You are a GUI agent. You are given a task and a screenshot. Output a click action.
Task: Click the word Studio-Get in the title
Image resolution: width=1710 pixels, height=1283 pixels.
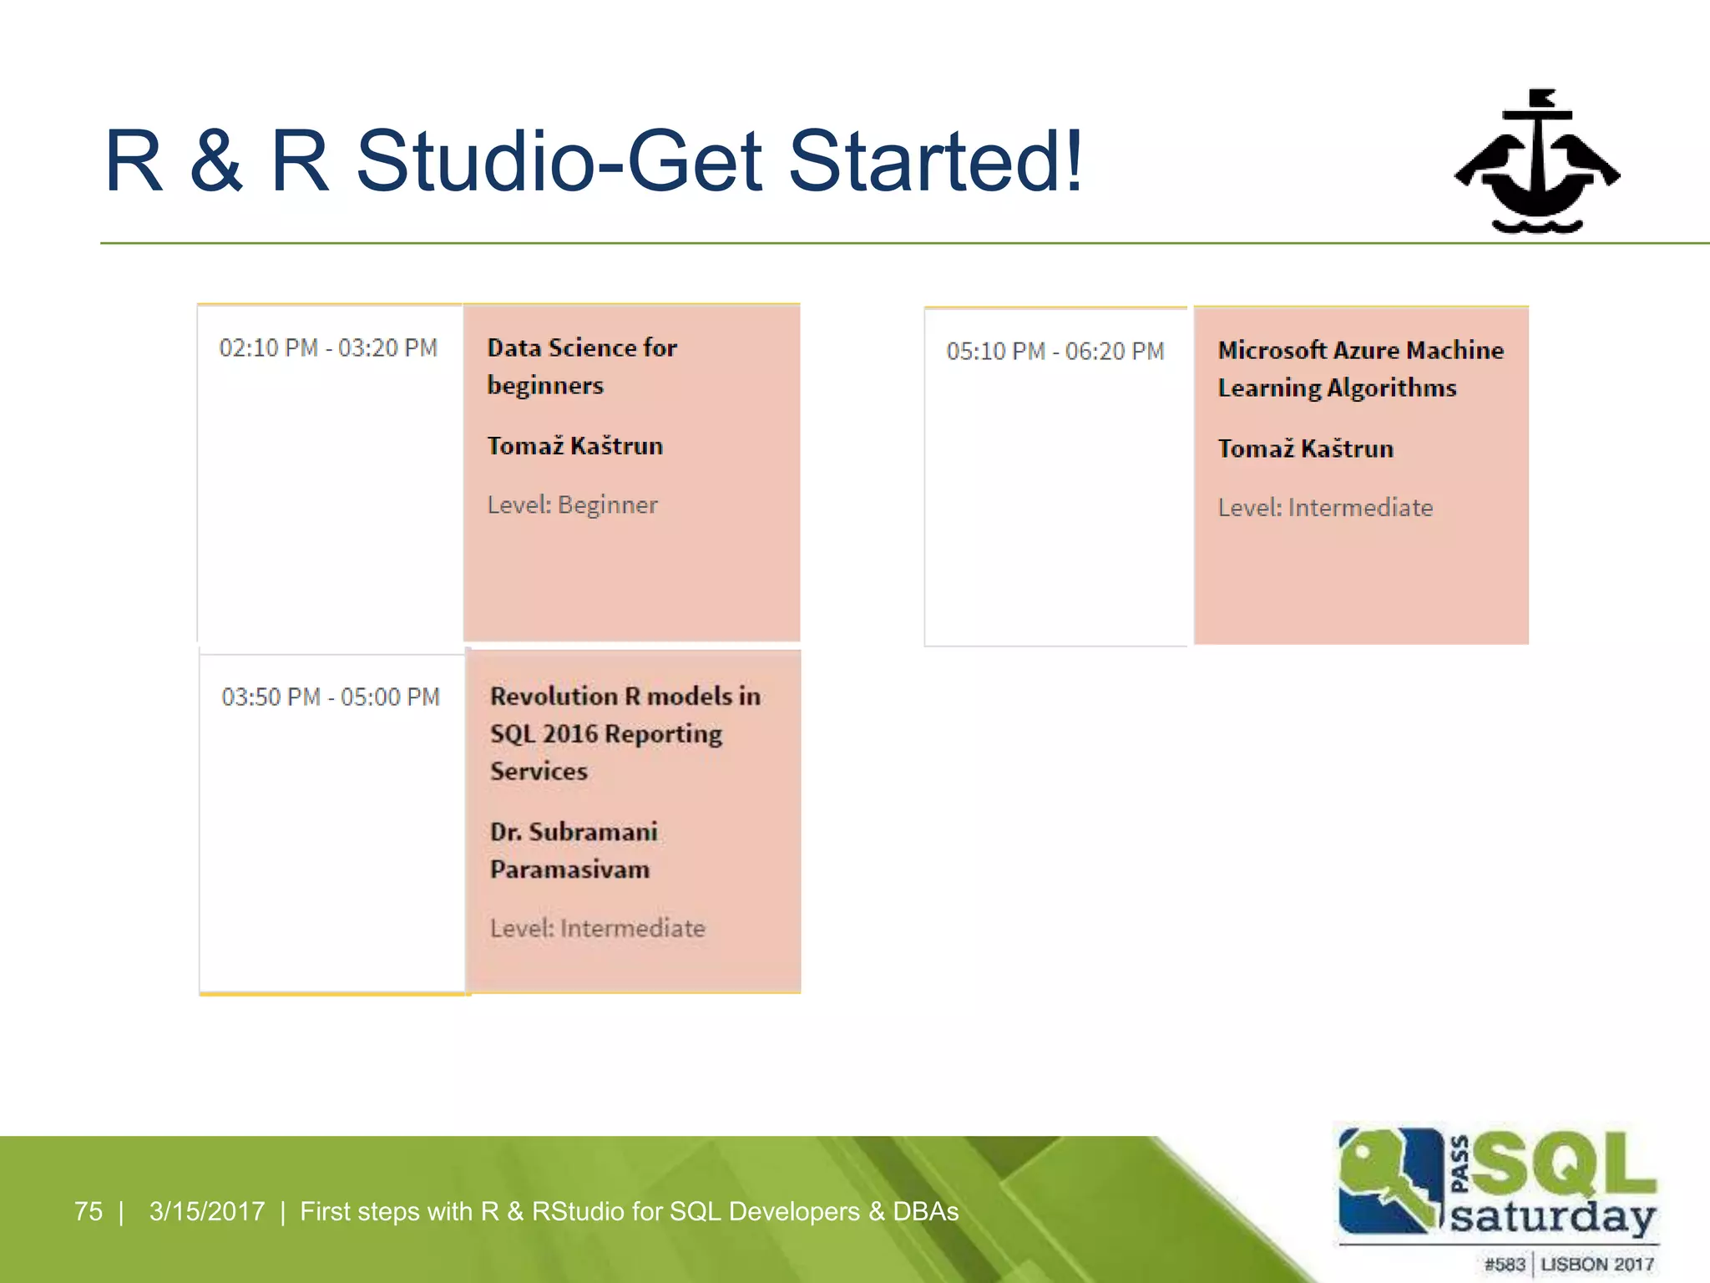click(559, 161)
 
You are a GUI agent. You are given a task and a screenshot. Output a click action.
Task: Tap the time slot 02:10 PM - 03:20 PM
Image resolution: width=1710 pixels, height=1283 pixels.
click(328, 348)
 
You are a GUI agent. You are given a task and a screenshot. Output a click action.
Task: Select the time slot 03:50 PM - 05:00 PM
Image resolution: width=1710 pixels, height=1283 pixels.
click(331, 697)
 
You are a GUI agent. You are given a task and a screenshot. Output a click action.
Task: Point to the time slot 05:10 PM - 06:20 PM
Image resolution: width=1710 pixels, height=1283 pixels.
click(1055, 352)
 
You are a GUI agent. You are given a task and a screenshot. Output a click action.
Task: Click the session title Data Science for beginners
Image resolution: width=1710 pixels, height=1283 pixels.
click(582, 366)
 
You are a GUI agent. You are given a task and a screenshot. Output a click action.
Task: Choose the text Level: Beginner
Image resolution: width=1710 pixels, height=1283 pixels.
click(573, 505)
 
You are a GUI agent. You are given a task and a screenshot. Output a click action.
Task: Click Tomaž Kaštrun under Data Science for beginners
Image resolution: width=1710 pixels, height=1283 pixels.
click(575, 446)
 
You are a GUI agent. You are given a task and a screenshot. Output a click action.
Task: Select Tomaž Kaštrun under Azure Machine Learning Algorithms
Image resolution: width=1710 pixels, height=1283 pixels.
click(1305, 449)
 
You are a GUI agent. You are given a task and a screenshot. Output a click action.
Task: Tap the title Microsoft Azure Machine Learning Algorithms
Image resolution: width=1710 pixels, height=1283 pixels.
click(1360, 368)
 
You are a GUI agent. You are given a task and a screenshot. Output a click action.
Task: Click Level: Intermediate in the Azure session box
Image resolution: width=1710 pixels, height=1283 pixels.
click(1325, 508)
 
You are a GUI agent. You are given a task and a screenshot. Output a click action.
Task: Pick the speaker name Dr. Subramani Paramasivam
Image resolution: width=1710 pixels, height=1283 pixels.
click(574, 850)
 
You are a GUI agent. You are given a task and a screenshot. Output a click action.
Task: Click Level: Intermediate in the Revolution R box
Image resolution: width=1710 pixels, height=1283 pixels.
click(597, 929)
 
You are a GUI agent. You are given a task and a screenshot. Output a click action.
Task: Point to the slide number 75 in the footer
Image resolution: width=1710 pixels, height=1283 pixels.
click(89, 1211)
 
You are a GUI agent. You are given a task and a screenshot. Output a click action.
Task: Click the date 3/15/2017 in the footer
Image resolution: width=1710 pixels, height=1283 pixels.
click(206, 1211)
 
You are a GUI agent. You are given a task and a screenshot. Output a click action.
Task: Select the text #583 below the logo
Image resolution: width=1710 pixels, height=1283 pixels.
click(1504, 1265)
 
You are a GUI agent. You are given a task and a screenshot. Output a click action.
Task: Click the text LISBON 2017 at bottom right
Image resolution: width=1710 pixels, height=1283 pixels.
click(1596, 1265)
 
